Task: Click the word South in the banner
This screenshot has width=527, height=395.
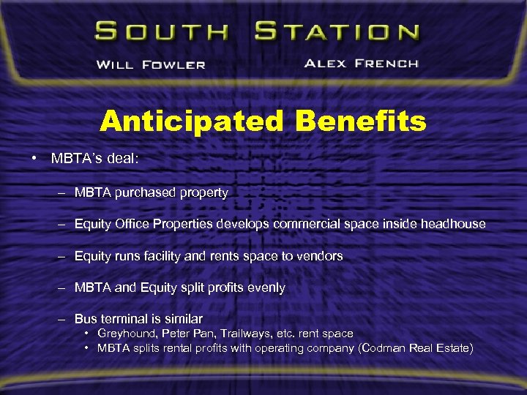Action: pos(160,32)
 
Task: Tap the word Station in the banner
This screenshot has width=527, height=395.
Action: pos(337,32)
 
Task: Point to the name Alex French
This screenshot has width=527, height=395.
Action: pos(361,64)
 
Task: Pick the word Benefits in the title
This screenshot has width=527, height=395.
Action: pos(360,121)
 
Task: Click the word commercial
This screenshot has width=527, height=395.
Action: pos(306,224)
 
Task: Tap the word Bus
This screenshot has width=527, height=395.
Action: pos(85,319)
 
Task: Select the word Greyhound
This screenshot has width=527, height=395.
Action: pos(126,334)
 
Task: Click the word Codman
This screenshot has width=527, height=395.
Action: pos(385,348)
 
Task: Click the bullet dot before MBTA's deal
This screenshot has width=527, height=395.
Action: pos(35,159)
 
